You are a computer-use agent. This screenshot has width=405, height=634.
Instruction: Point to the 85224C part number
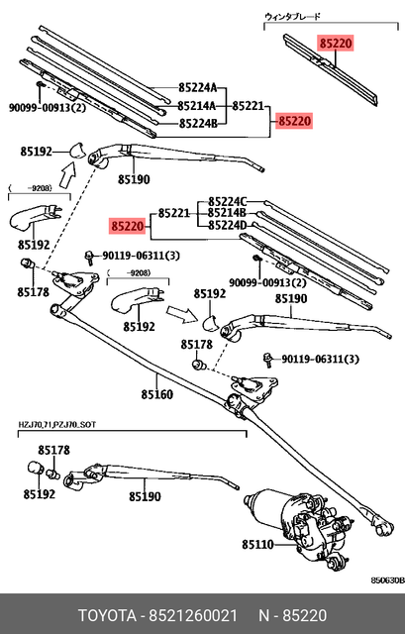[228, 200]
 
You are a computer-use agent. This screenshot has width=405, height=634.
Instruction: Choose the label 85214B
[228, 213]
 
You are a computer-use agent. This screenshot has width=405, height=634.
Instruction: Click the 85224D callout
[228, 226]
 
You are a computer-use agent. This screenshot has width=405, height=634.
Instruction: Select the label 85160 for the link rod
[156, 393]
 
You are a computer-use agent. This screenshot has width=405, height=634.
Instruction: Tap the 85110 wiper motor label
[258, 544]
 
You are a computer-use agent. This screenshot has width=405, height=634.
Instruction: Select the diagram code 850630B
[385, 581]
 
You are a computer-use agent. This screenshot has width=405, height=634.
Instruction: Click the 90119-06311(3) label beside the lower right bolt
[321, 360]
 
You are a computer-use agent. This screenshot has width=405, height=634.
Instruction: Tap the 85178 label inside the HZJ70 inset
[53, 451]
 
